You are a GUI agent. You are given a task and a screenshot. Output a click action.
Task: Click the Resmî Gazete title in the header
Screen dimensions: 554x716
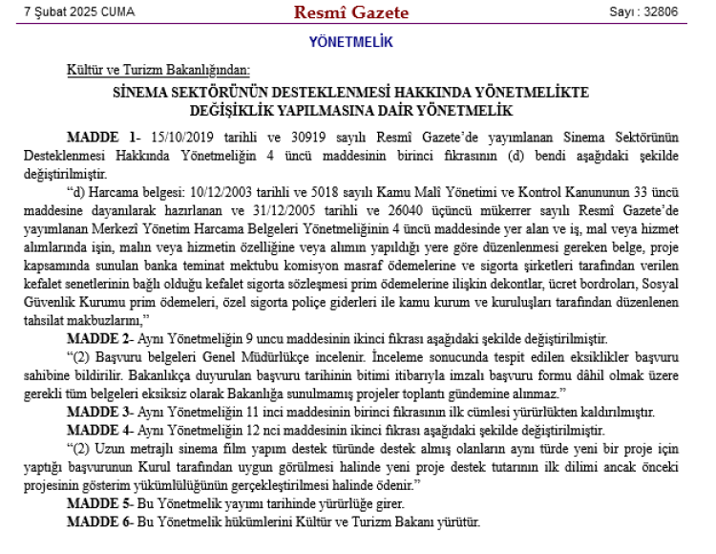tap(351, 12)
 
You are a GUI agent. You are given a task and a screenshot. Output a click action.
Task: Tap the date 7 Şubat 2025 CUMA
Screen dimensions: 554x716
tap(79, 12)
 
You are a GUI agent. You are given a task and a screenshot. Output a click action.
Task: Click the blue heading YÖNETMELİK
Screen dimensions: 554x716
tap(351, 42)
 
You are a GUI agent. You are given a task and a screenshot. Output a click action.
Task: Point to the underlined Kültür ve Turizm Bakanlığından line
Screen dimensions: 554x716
tap(158, 70)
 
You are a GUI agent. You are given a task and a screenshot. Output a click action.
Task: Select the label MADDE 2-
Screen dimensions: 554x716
tap(98, 339)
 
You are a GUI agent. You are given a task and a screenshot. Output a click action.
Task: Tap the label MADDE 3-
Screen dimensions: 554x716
tap(98, 412)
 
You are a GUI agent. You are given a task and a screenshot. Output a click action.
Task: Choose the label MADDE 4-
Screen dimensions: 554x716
tap(98, 429)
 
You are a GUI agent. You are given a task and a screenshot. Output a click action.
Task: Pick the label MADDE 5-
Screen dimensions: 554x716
tap(98, 503)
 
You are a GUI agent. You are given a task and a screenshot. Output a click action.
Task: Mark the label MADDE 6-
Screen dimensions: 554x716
tap(98, 522)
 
